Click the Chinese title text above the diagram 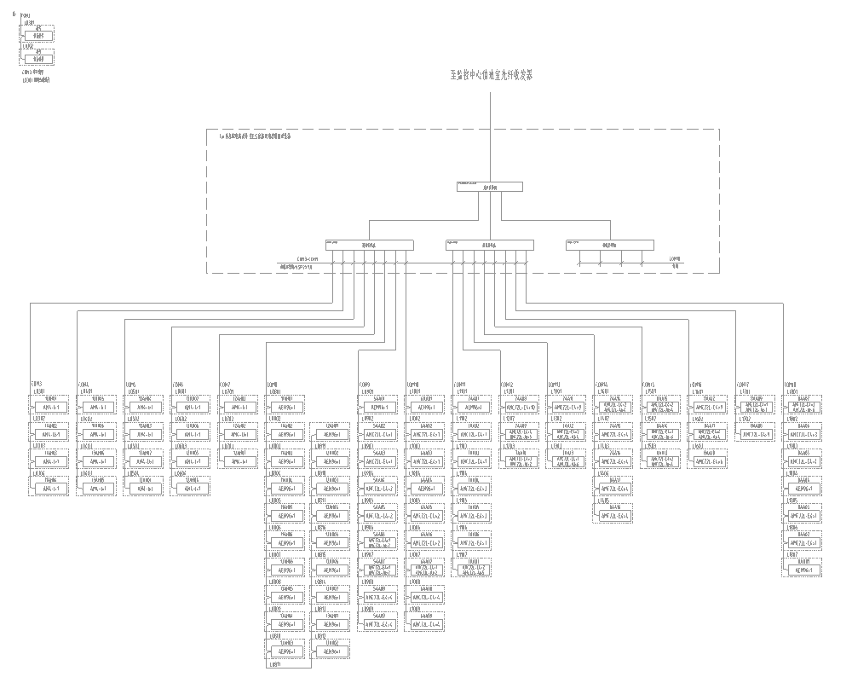(491, 75)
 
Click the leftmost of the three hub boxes (369, 245)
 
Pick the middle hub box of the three (489, 245)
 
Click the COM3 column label (37, 384)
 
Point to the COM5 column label (132, 384)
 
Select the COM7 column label (227, 384)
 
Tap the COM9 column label (367, 384)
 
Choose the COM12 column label (508, 384)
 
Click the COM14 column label (602, 384)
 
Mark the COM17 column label (744, 384)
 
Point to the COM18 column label (791, 384)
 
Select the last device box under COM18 (803, 570)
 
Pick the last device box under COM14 (615, 516)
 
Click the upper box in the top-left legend (37, 35)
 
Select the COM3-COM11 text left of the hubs (307, 258)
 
